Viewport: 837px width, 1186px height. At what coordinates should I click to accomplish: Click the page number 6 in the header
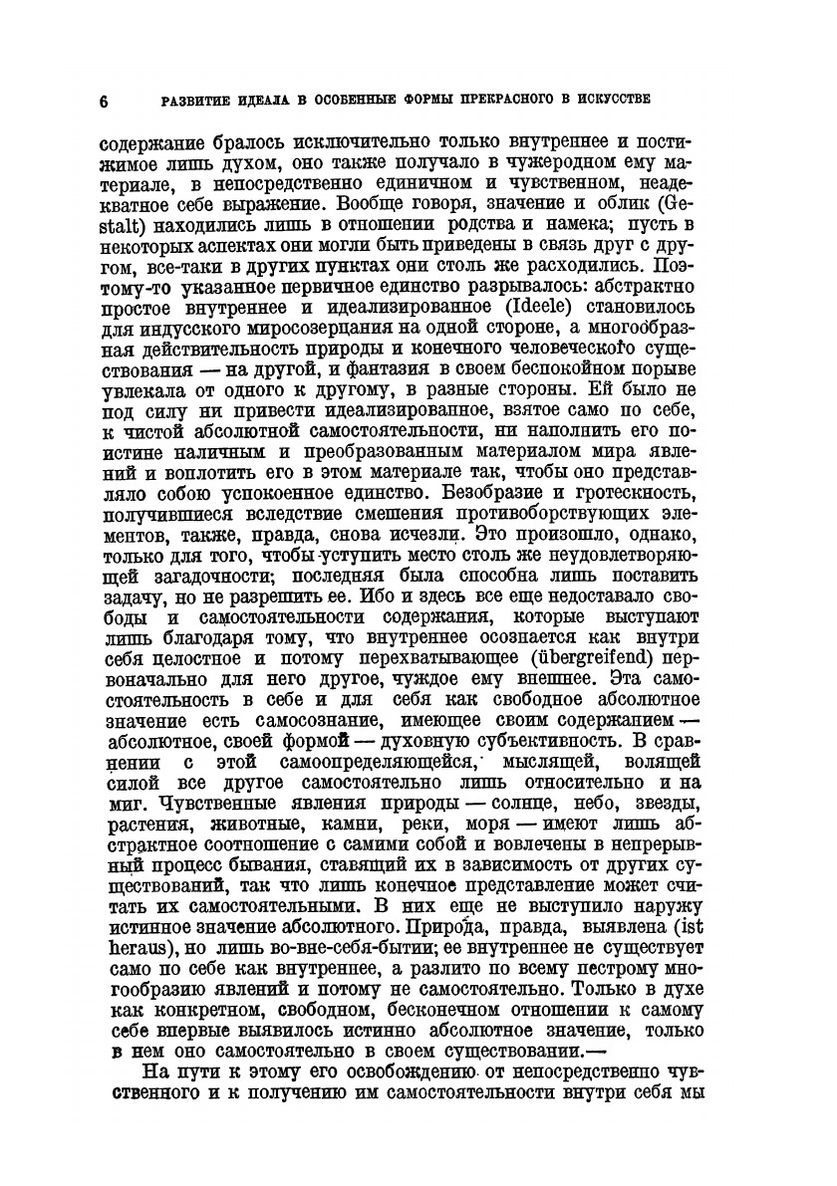click(104, 100)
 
